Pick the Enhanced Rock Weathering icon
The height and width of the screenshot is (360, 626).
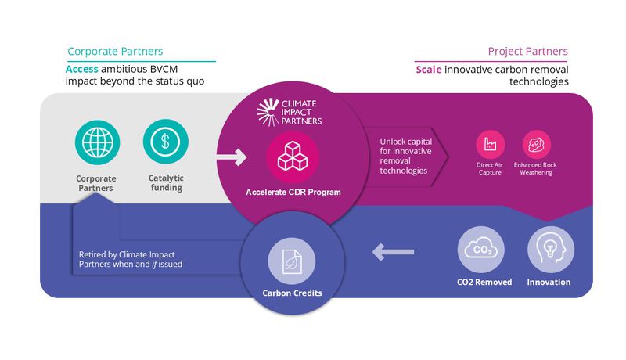[x=536, y=144]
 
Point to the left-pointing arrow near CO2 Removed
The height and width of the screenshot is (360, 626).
[x=394, y=252]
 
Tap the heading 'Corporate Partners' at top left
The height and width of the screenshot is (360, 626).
[x=115, y=52]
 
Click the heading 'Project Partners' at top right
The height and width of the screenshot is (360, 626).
[x=527, y=52]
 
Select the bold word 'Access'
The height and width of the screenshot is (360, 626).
[x=82, y=69]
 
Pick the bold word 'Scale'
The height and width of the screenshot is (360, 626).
[x=429, y=70]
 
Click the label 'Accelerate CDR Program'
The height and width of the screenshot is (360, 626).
[x=293, y=192]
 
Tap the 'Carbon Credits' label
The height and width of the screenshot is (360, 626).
[x=292, y=293]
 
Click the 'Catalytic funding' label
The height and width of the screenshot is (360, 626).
[x=165, y=182]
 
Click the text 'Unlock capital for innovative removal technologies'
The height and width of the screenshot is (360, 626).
[x=404, y=156]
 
